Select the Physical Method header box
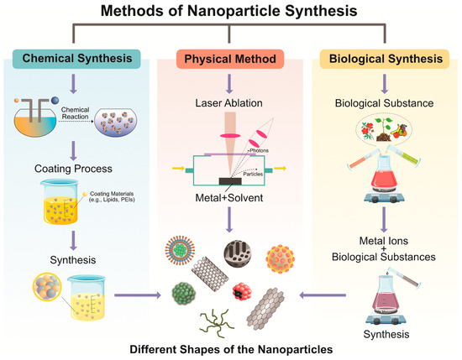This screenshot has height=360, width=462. click(x=230, y=59)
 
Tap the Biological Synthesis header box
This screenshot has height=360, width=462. click(x=385, y=59)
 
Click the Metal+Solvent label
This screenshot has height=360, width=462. click(x=229, y=198)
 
